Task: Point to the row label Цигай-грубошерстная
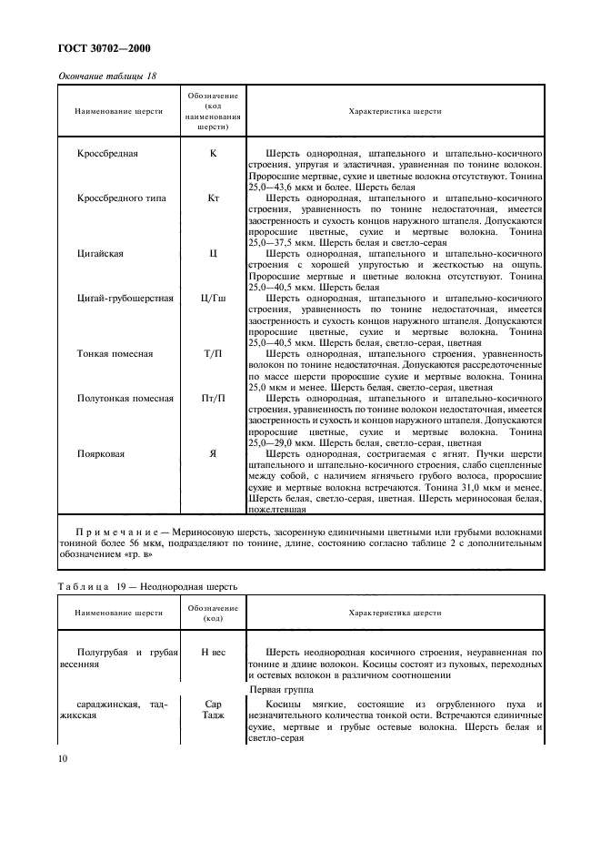(125, 298)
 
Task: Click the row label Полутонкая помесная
(125, 398)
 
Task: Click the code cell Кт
(213, 198)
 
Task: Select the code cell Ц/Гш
(213, 298)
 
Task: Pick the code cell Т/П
(213, 353)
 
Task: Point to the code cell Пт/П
(213, 398)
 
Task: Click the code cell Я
(213, 452)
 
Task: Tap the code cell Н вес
(213, 653)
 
